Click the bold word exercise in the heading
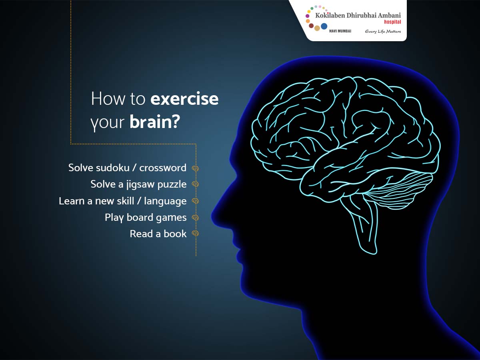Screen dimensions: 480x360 coord(184,99)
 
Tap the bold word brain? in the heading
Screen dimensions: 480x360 coord(155,122)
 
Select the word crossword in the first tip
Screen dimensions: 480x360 coord(163,168)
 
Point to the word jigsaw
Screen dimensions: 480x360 coord(140,184)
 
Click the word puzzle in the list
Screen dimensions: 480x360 coord(172,185)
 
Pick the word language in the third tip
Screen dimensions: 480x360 coord(165,201)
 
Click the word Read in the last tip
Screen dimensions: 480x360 coord(141,234)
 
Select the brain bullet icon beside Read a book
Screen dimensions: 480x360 coord(195,234)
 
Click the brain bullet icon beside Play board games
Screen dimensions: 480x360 coord(195,218)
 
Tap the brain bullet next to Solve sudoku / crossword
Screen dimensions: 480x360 coord(195,168)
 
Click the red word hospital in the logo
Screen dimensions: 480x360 coord(392,22)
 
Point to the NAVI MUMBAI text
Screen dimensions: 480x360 coord(340,31)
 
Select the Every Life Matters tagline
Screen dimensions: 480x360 coord(383,32)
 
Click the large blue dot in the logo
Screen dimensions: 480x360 coord(324,26)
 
